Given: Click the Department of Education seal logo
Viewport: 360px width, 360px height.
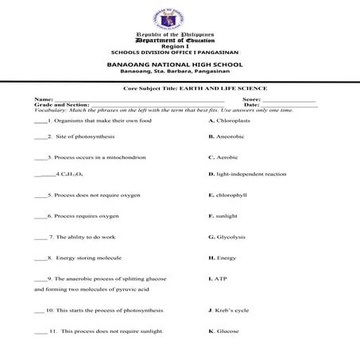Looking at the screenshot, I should click(x=178, y=17).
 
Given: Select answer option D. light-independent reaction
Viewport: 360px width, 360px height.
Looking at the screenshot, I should click(x=246, y=174).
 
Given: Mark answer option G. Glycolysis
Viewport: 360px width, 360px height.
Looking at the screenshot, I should click(x=227, y=237).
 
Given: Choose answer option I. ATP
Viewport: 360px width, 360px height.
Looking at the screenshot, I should click(x=218, y=279).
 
